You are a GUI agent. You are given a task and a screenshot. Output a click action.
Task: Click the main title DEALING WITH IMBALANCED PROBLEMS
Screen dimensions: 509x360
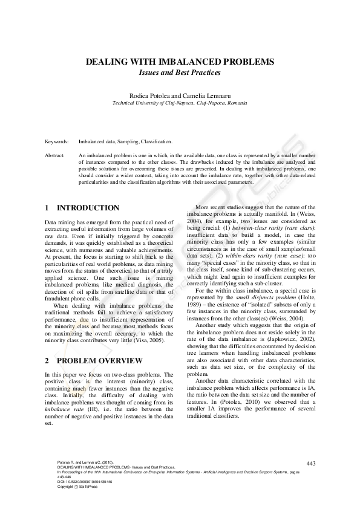tap(180, 62)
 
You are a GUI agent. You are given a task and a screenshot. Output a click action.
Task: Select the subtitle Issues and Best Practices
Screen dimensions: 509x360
tap(180, 72)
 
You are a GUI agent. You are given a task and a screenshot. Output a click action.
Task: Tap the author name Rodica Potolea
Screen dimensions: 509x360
tap(150, 96)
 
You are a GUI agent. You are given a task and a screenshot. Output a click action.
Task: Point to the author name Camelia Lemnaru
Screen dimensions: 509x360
tap(206, 96)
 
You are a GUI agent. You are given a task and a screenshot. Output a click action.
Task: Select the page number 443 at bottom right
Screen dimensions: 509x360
tap(312, 463)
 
